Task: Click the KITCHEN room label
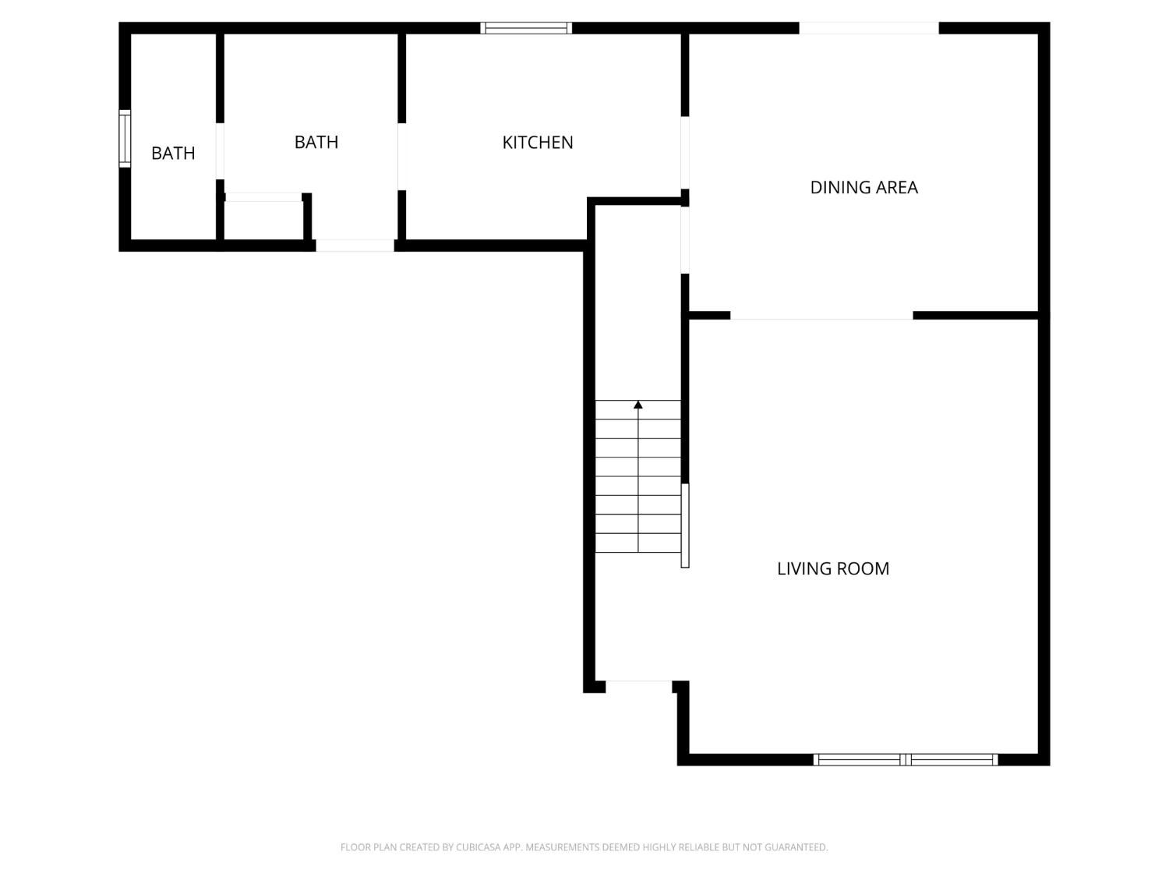point(538,143)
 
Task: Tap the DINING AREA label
point(864,187)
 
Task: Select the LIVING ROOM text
point(832,568)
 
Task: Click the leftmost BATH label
point(173,154)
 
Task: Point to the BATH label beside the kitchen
point(316,143)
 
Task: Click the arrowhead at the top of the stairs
point(638,405)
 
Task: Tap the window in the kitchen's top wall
point(526,28)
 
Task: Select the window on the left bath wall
point(125,139)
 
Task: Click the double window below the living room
point(906,759)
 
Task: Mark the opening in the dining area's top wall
point(868,28)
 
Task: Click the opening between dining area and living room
point(821,316)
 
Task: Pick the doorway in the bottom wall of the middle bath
point(355,246)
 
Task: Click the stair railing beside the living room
point(685,525)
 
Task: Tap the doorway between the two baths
point(220,151)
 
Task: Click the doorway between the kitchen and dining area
point(685,153)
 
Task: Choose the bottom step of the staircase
point(638,543)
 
